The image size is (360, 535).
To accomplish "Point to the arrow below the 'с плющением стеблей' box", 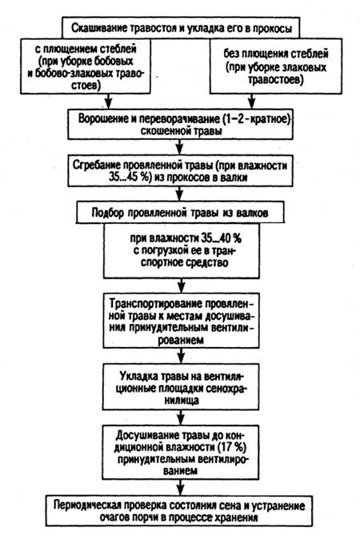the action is pyautogui.click(x=108, y=100).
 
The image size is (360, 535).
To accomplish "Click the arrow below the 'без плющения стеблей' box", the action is pyautogui.click(x=251, y=101).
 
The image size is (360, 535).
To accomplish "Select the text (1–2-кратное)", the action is pyautogui.click(x=256, y=118).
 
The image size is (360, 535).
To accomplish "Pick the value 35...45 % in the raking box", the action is pyautogui.click(x=130, y=177).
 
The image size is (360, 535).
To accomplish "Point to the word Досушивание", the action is pyautogui.click(x=144, y=435).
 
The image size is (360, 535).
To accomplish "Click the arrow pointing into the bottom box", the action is pyautogui.click(x=181, y=487).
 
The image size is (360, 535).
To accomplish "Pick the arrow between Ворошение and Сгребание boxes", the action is pyautogui.click(x=180, y=146).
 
